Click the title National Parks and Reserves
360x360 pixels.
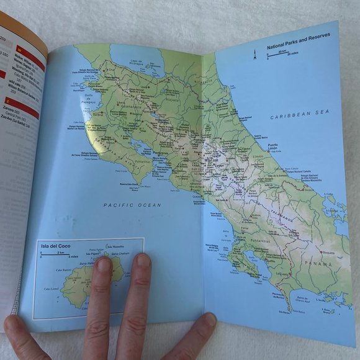click(x=299, y=46)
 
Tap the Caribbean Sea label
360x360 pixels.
click(x=297, y=116)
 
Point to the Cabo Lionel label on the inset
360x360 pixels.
click(x=52, y=289)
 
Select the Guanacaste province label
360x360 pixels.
click(x=115, y=106)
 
